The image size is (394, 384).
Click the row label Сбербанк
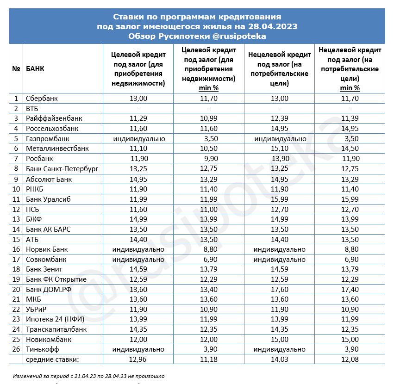pyautogui.click(x=42, y=99)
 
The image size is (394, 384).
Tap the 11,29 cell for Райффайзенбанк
pyautogui.click(x=138, y=118)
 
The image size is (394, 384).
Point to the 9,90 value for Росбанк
pyautogui.click(x=208, y=159)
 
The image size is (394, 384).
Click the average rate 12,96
pyautogui.click(x=138, y=359)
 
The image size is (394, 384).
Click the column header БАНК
pyautogui.click(x=35, y=69)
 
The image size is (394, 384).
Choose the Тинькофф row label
pyautogui.click(x=43, y=349)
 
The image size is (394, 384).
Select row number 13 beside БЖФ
pyautogui.click(x=16, y=219)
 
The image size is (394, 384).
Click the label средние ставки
pyautogui.click(x=53, y=359)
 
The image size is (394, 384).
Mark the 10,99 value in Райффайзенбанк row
pyautogui.click(x=208, y=118)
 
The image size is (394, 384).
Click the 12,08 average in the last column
pyautogui.click(x=350, y=359)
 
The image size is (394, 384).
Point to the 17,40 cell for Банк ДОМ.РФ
pyautogui.click(x=350, y=289)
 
